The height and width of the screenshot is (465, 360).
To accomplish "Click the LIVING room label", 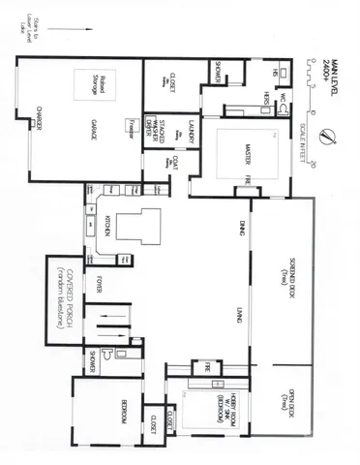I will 238,313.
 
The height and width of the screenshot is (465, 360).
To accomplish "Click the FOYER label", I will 100,285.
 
